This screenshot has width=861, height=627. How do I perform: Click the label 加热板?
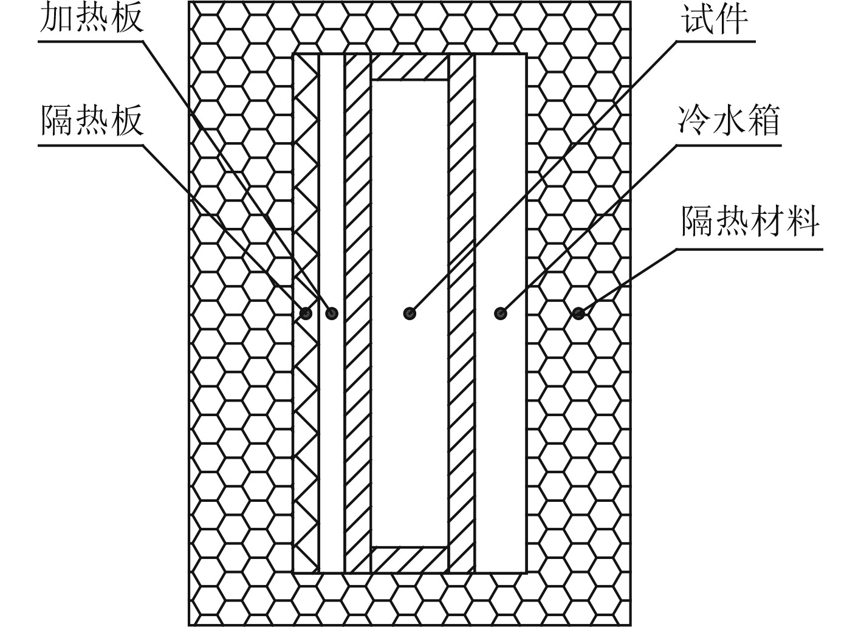click(x=91, y=18)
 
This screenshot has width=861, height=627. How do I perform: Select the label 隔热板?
click(x=91, y=120)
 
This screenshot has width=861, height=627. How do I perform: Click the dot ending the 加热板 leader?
click(x=332, y=313)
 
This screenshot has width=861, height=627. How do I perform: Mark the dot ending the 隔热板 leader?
click(x=306, y=313)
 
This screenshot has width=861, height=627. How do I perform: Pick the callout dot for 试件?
click(x=410, y=313)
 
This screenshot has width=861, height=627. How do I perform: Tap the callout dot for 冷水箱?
click(x=500, y=313)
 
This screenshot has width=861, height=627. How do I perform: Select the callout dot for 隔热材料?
click(x=578, y=313)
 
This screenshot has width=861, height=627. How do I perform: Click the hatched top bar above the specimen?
click(x=410, y=67)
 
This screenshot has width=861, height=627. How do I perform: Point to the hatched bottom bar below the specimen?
click(x=410, y=559)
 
